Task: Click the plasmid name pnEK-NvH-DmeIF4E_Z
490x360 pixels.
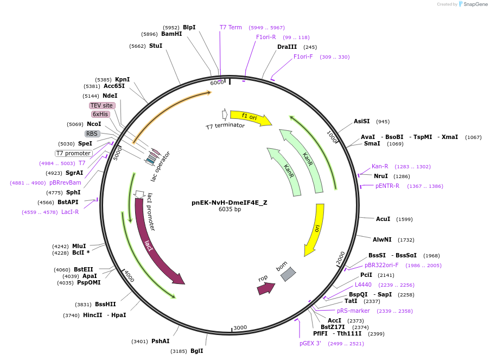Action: point(229,203)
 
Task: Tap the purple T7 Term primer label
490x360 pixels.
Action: point(231,27)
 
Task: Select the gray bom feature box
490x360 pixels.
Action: point(288,274)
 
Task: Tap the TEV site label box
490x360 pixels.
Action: point(102,105)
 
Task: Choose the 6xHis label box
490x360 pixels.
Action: point(100,114)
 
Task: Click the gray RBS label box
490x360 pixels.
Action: point(92,134)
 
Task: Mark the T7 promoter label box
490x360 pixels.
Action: point(74,153)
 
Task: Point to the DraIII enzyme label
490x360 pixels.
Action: point(288,47)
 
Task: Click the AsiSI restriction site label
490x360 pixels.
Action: point(361,121)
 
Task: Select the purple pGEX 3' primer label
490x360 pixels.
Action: point(310,343)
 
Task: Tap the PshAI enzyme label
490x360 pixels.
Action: point(161,341)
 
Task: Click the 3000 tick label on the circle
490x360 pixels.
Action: point(240,327)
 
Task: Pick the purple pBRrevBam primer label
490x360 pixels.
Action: point(65,182)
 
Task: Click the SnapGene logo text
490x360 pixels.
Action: point(475,4)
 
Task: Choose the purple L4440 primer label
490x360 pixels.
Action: point(364,285)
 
